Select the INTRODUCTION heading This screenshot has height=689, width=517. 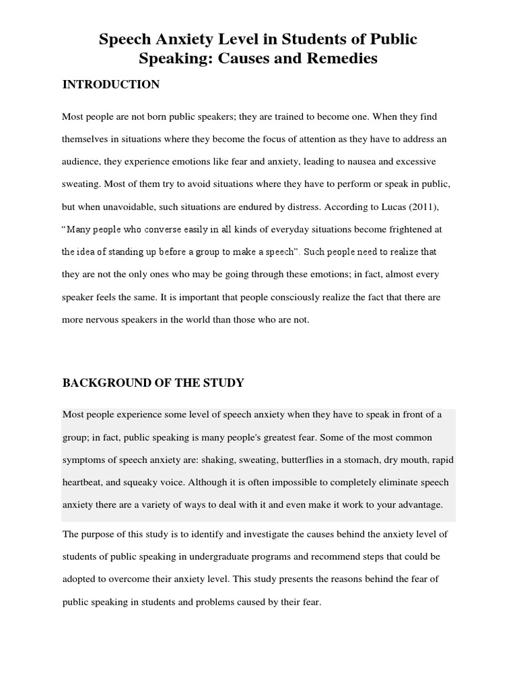111,84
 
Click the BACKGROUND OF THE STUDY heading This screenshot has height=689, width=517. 153,383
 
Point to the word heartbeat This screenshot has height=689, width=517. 83,482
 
